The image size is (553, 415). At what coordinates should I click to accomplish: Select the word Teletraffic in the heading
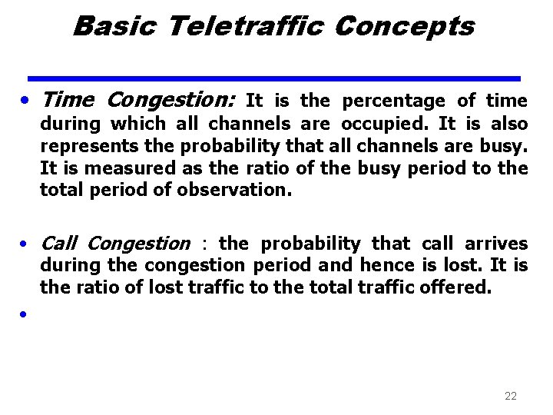coord(245,27)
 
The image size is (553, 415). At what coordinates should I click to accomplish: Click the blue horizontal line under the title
coord(273,78)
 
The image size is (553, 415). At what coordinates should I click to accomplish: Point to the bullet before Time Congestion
coord(26,101)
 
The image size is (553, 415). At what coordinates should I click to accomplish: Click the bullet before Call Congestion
coord(26,244)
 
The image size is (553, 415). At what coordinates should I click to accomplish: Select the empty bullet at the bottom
coord(26,314)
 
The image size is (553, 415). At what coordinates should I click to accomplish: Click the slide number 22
coord(511,396)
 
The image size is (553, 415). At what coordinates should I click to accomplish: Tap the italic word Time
coord(68,100)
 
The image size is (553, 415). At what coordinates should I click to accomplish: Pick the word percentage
coord(393,101)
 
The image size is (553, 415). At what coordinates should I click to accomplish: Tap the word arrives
coord(500,244)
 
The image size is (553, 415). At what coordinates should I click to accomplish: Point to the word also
coord(509,124)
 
